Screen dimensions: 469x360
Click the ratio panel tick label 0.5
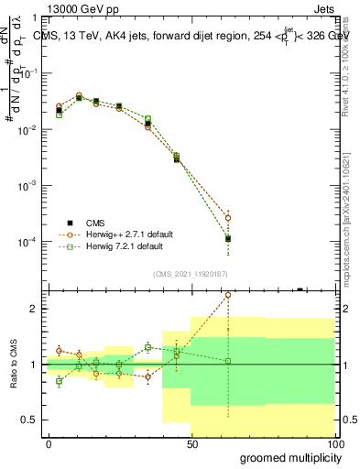pos(27,420)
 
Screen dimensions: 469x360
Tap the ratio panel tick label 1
pos(33,365)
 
